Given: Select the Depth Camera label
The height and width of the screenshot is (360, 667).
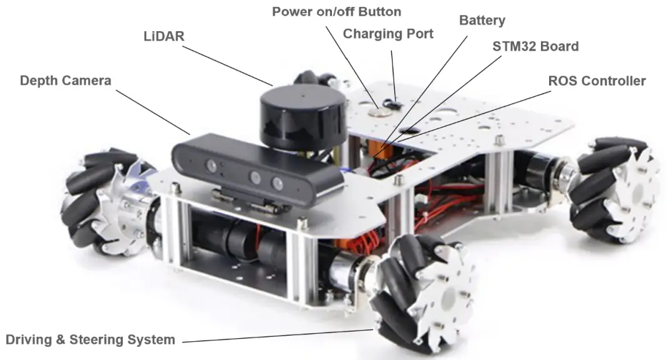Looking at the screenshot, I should [x=66, y=80].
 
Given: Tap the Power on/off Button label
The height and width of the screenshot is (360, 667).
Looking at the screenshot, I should [x=336, y=12].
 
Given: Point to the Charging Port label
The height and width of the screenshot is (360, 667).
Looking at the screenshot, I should [x=387, y=33].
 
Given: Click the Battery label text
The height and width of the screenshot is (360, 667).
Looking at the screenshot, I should [x=482, y=20].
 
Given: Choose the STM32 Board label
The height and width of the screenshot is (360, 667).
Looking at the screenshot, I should [x=535, y=46].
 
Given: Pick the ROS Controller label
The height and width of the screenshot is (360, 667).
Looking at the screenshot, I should [x=596, y=81].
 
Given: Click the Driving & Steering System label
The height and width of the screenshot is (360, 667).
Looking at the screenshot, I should [x=90, y=340].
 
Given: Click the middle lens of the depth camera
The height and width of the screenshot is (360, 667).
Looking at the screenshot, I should [x=255, y=177].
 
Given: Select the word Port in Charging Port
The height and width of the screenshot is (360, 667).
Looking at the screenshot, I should [x=418, y=33].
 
